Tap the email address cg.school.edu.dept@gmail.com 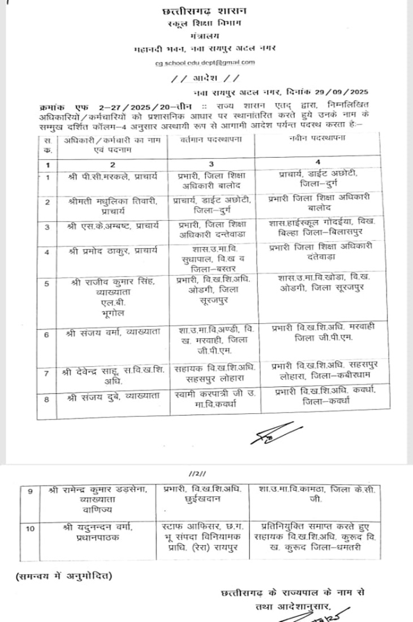[205, 63]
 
